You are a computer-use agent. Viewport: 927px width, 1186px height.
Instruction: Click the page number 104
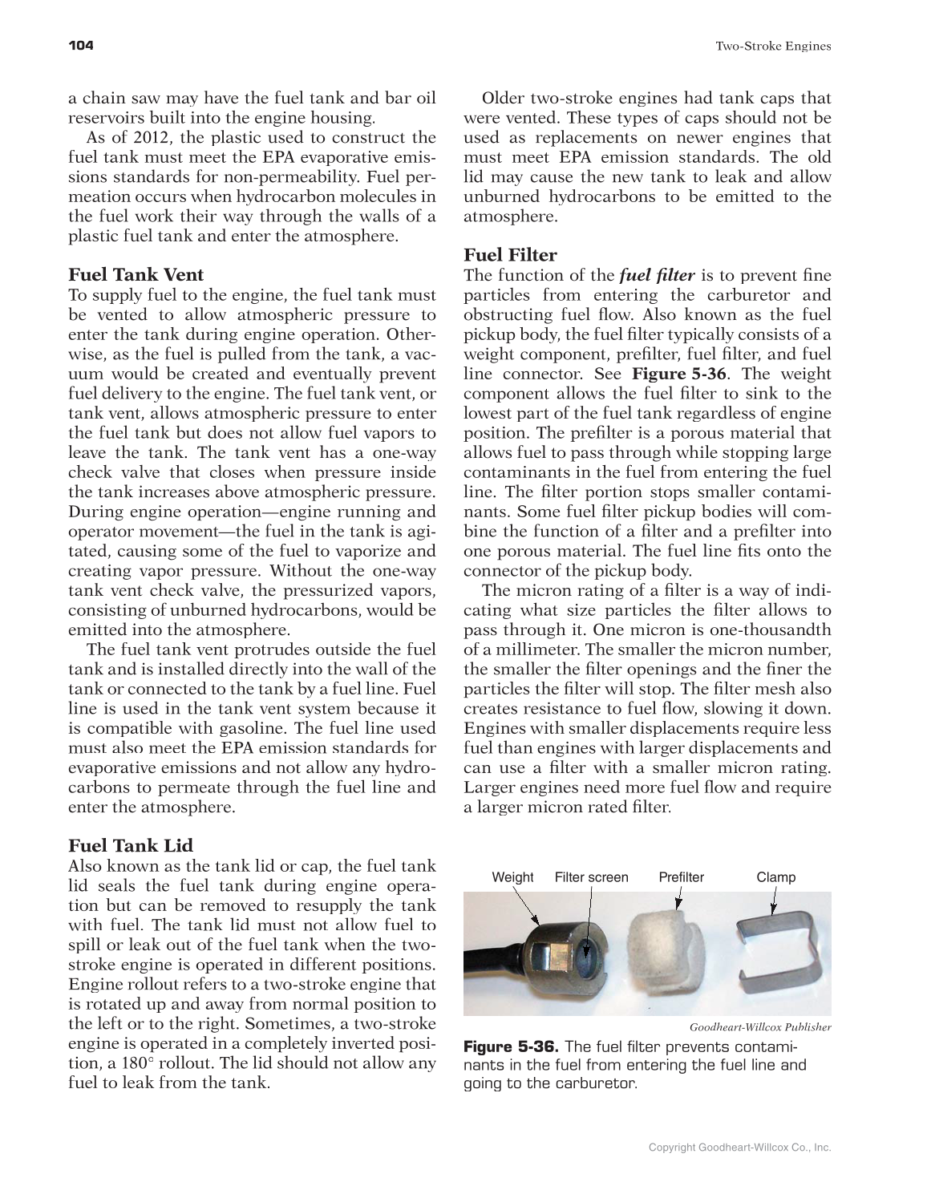pos(81,46)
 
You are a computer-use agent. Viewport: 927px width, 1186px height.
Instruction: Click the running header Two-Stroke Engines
pos(772,47)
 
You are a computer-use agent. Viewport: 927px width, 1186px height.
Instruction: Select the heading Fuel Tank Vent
pos(136,275)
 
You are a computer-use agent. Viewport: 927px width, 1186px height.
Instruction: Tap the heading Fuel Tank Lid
pos(131,846)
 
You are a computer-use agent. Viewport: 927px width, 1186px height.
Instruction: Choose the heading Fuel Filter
pos(510,255)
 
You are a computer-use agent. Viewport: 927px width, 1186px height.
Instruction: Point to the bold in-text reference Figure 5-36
pos(678,374)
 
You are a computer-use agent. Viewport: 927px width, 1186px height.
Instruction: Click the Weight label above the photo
pos(512,877)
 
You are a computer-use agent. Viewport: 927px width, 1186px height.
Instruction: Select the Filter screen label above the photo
pos(591,877)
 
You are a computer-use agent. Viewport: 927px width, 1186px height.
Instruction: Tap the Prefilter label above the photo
pos(681,877)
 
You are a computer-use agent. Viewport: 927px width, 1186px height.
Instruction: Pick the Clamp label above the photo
pos(775,877)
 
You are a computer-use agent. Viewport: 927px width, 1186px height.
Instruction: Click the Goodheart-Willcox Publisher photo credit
pos(759,1027)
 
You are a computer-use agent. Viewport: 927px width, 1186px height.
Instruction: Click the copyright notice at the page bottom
pos(739,1148)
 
